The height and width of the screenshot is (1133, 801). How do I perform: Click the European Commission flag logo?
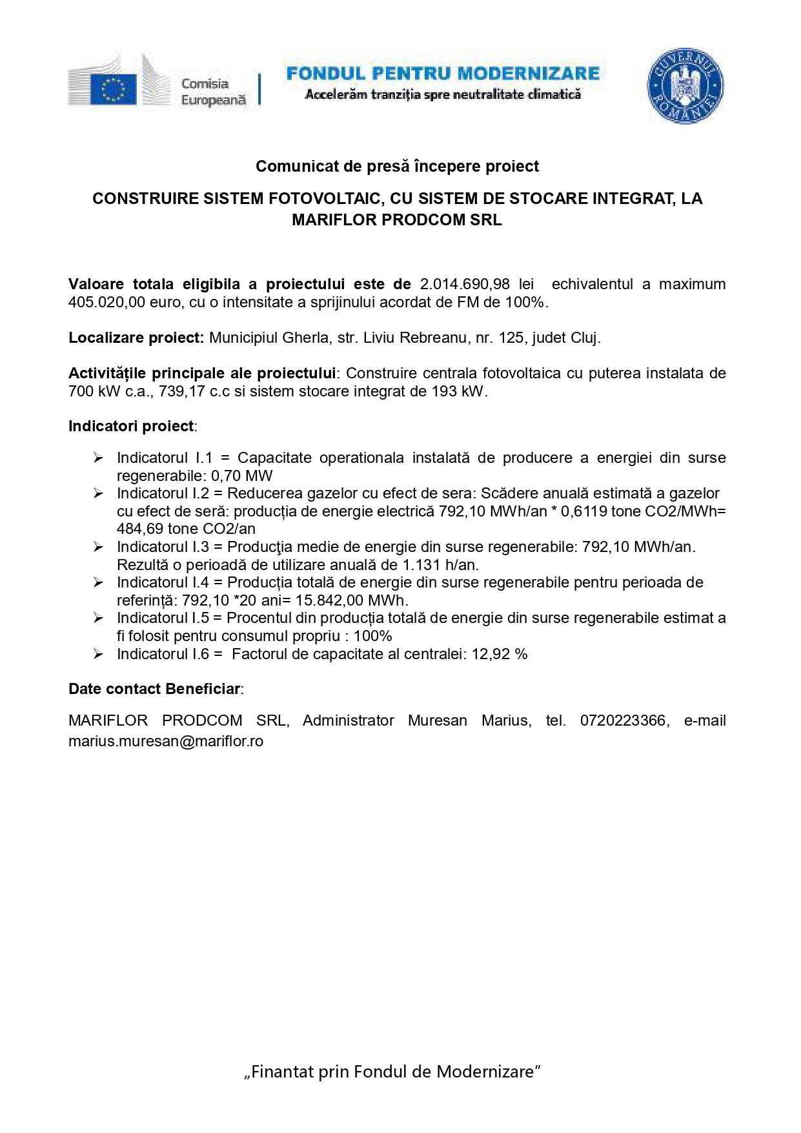click(114, 88)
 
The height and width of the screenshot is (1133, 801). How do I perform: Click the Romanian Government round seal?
click(685, 85)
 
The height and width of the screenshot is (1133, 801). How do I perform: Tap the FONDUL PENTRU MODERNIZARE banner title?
click(443, 74)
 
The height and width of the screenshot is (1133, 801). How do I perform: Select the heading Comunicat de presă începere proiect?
click(397, 167)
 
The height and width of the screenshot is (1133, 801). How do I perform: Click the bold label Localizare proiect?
click(136, 338)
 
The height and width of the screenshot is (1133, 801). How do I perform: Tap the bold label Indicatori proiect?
click(132, 426)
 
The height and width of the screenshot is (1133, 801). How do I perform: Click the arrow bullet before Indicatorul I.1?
click(98, 458)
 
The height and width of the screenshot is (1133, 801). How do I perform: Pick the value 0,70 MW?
click(242, 476)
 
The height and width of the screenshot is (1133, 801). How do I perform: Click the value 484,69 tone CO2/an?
click(186, 529)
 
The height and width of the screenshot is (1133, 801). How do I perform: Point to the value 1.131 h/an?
click(440, 565)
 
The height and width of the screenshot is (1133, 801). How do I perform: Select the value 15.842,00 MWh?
click(351, 600)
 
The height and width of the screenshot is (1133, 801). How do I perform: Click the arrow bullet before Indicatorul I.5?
click(98, 618)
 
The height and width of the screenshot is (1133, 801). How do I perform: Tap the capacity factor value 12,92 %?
click(500, 654)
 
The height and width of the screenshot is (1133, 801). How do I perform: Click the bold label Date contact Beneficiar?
click(155, 689)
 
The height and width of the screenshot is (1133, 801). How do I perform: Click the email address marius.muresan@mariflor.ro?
click(166, 741)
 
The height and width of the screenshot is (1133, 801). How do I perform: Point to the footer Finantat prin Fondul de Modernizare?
click(392, 1072)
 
